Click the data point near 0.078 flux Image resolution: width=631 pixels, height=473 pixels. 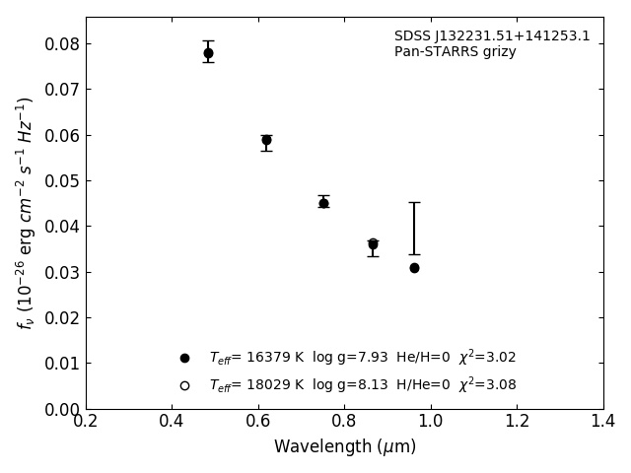click(x=208, y=53)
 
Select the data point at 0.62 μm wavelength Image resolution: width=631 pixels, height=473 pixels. click(x=266, y=140)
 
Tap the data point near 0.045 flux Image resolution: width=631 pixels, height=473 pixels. click(x=323, y=203)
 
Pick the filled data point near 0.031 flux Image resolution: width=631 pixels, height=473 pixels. click(x=414, y=268)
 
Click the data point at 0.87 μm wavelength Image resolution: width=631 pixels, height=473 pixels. click(x=373, y=244)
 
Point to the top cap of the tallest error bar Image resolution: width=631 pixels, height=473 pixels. click(x=414, y=202)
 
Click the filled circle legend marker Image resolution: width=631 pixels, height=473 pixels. click(x=184, y=358)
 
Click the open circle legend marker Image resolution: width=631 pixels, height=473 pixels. click(x=184, y=385)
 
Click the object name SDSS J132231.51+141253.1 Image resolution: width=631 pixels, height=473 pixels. click(x=492, y=36)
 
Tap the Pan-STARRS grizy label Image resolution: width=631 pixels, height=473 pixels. click(x=455, y=52)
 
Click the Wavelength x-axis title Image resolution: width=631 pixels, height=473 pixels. click(x=344, y=447)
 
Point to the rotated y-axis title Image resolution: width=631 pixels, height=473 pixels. click(x=26, y=213)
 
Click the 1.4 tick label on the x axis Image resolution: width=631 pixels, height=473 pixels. click(x=602, y=422)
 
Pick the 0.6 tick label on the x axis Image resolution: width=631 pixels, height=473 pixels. click(x=258, y=422)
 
